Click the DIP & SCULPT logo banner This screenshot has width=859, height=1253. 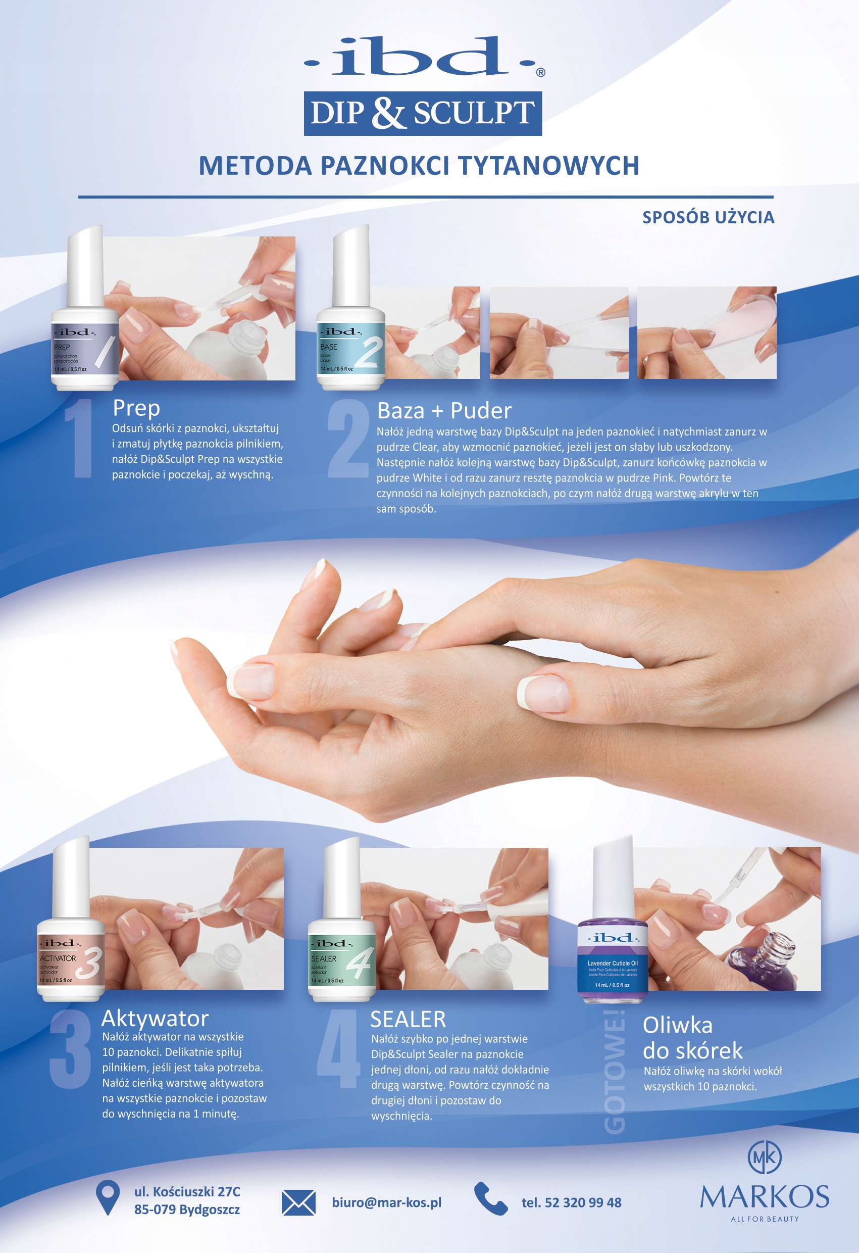(x=423, y=113)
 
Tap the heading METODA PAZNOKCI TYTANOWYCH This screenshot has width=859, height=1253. (x=419, y=166)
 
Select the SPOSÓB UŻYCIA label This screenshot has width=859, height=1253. (x=708, y=217)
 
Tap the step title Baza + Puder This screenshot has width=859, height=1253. (x=444, y=411)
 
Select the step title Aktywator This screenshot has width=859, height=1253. (x=155, y=1019)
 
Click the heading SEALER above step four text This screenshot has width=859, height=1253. (x=408, y=1020)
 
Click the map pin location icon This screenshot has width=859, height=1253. (x=107, y=1198)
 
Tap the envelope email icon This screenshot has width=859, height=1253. (x=298, y=1203)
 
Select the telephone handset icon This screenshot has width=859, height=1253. (x=490, y=1199)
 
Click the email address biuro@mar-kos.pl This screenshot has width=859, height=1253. (x=386, y=1203)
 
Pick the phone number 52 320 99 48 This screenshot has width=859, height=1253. (x=571, y=1203)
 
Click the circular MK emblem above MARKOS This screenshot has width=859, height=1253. (x=764, y=1158)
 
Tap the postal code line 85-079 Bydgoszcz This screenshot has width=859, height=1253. (x=187, y=1210)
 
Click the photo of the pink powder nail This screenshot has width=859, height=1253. (x=706, y=332)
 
